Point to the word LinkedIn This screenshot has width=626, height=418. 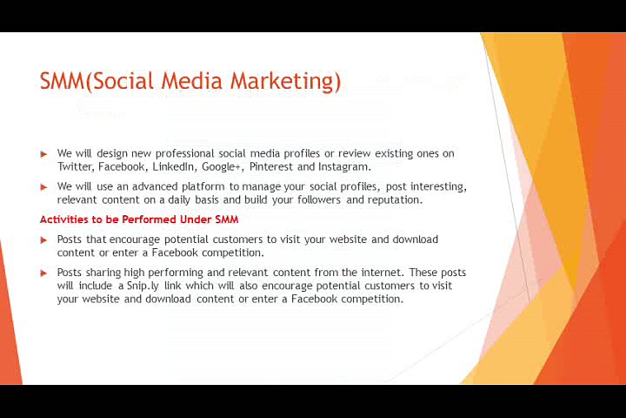click(173, 166)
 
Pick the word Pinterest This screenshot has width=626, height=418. click(271, 166)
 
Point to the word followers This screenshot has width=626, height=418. click(318, 199)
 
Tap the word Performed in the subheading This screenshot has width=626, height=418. click(149, 219)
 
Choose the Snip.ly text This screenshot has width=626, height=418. click(143, 287)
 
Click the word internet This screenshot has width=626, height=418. click(383, 273)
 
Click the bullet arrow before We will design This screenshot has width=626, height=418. click(44, 154)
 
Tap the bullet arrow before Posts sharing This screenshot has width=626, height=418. click(44, 273)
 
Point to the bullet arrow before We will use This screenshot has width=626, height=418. click(44, 187)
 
